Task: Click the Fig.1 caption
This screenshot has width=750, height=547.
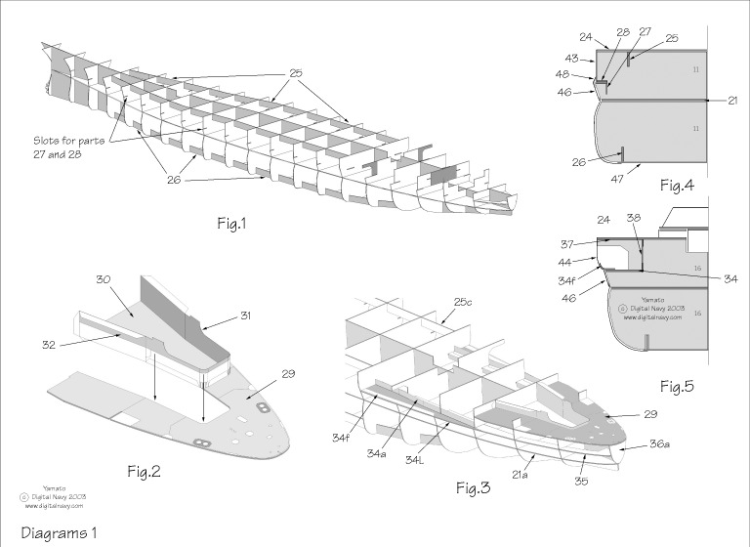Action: (x=231, y=224)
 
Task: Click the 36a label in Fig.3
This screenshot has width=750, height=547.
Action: (x=659, y=444)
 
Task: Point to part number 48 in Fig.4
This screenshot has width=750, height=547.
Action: (x=563, y=75)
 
